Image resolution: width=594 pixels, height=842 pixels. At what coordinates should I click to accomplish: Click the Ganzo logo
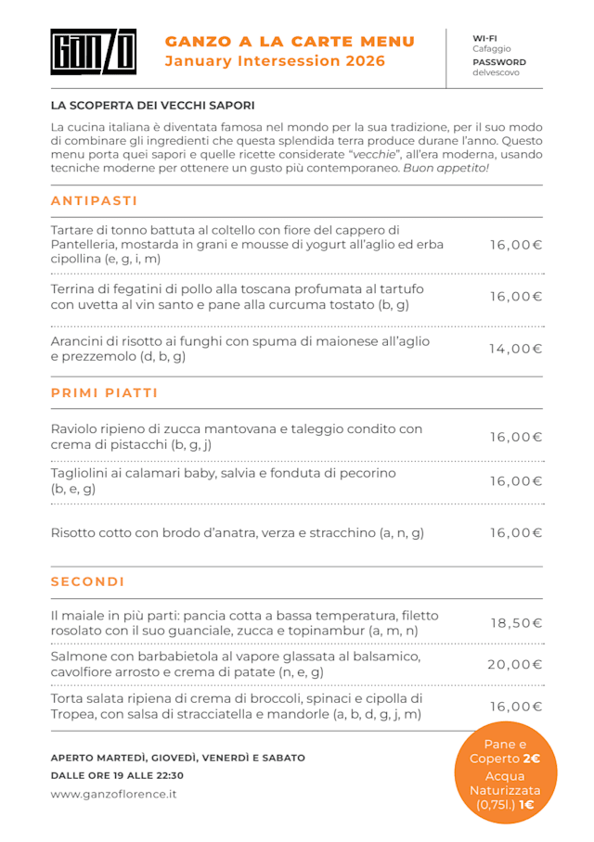point(93,52)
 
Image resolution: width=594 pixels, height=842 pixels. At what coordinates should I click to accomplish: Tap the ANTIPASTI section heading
point(94,201)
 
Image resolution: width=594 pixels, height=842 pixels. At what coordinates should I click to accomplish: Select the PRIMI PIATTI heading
point(104,393)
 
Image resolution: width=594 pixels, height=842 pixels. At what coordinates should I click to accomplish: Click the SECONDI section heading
point(87,582)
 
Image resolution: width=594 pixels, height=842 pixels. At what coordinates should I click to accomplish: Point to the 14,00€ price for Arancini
point(515,349)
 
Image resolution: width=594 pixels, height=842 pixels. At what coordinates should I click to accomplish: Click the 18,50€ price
point(516,623)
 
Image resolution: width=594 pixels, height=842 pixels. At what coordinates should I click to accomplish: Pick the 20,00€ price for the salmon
point(515,664)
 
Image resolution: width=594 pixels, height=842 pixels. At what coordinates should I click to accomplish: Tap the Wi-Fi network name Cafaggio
point(491,49)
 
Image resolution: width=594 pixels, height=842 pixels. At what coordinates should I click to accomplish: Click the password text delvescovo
point(496,72)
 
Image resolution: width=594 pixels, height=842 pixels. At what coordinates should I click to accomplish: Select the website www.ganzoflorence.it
point(113,794)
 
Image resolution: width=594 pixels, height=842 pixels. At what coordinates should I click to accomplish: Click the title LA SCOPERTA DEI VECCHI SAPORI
point(152,106)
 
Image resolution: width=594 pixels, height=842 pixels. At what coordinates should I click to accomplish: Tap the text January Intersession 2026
point(275,61)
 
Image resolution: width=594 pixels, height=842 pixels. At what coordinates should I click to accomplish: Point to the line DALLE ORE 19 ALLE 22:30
point(117,775)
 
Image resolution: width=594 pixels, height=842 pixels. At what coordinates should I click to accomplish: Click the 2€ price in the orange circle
point(532,759)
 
